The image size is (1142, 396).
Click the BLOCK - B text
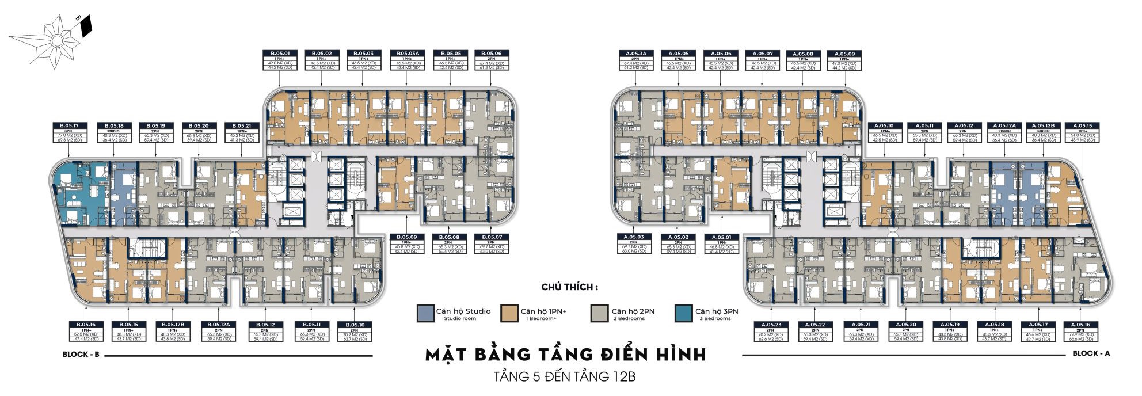(x=81, y=355)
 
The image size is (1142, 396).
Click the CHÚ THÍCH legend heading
(x=570, y=287)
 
